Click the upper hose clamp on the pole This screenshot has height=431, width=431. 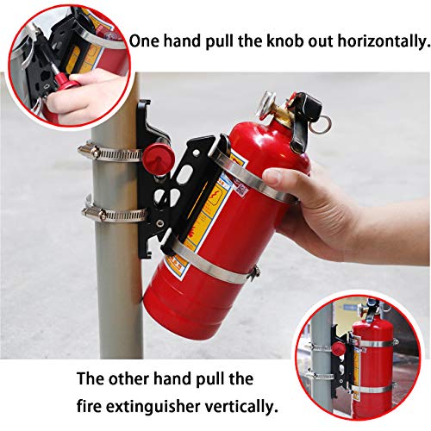click(105, 153)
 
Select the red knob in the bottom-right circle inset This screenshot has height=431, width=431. click(338, 349)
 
